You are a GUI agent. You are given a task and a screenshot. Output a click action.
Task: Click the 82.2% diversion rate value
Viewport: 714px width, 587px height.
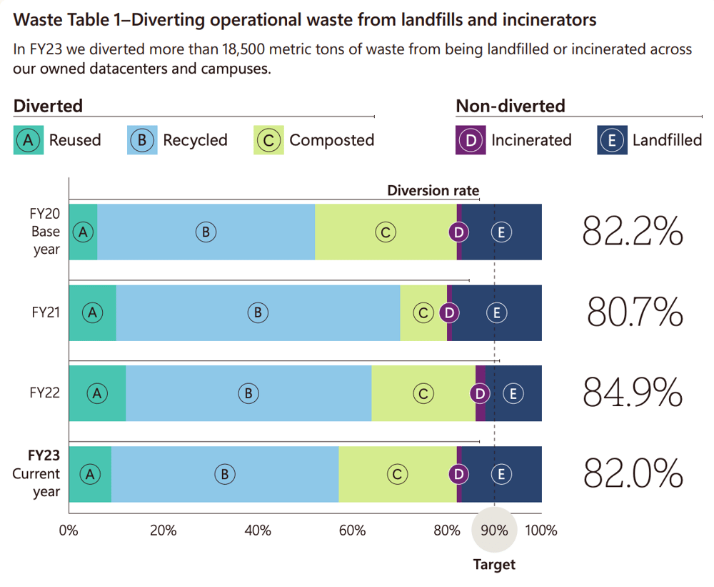pyautogui.click(x=633, y=231)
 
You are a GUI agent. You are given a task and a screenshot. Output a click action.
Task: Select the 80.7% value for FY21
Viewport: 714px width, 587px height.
pyautogui.click(x=635, y=312)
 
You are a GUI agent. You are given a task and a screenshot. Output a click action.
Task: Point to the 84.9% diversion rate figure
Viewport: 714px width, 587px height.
pyautogui.click(x=633, y=393)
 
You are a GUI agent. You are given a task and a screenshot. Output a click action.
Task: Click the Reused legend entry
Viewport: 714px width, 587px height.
pyautogui.click(x=57, y=140)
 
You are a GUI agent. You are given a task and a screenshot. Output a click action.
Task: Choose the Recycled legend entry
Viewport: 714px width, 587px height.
pyautogui.click(x=178, y=140)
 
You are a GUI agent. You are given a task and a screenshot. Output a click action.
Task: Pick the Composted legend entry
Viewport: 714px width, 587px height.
pyautogui.click(x=314, y=140)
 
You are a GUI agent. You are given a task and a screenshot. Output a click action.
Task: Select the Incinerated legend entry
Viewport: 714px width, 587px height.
pyautogui.click(x=514, y=140)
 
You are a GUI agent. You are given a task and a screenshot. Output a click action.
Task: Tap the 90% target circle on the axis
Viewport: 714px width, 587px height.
pyautogui.click(x=494, y=530)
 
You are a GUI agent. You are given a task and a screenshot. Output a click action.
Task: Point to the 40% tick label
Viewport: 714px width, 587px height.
pyautogui.click(x=258, y=530)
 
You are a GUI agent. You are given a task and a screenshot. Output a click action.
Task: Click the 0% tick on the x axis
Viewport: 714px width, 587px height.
pyautogui.click(x=68, y=530)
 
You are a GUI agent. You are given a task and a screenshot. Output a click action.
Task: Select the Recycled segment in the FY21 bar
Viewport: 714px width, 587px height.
pyautogui.click(x=258, y=312)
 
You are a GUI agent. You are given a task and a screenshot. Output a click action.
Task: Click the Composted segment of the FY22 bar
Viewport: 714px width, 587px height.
pyautogui.click(x=423, y=393)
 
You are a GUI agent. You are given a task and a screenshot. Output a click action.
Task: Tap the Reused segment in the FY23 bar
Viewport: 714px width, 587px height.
pyautogui.click(x=89, y=474)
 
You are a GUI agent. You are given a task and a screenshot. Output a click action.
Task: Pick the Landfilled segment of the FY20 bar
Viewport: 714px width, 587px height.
pyautogui.click(x=501, y=232)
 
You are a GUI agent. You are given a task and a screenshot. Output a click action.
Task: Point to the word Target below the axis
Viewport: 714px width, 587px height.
pyautogui.click(x=494, y=565)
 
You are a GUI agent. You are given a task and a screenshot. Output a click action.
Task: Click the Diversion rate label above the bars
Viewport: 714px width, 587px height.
pyautogui.click(x=433, y=191)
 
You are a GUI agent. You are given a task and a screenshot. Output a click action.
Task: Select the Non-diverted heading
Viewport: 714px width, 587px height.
pyautogui.click(x=510, y=107)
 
